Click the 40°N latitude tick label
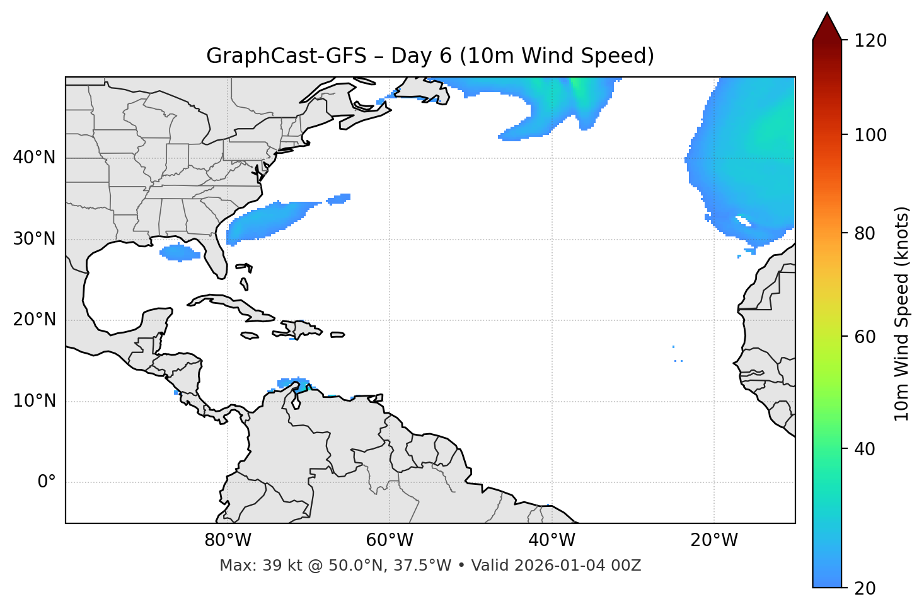click(x=34, y=158)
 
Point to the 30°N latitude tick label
click(x=34, y=239)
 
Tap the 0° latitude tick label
click(x=47, y=482)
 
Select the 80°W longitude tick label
click(x=228, y=540)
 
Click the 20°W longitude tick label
click(x=714, y=540)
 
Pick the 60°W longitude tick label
click(x=390, y=540)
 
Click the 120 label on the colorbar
click(x=870, y=41)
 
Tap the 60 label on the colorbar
click(x=865, y=337)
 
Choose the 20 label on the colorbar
click(x=865, y=588)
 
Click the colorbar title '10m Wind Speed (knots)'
click(x=902, y=313)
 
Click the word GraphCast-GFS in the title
click(x=286, y=56)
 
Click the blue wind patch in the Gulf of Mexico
click(x=180, y=253)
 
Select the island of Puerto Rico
click(x=338, y=335)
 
